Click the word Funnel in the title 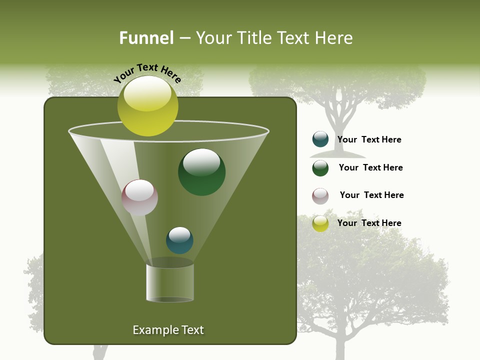click(x=146, y=38)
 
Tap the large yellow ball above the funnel click(x=147, y=106)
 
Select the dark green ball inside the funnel click(x=201, y=172)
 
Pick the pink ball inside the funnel click(x=139, y=197)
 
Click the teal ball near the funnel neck click(x=179, y=240)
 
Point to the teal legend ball click(x=320, y=139)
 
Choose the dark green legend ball click(x=320, y=167)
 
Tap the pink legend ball click(x=320, y=195)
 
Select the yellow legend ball click(x=320, y=223)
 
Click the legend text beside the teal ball click(x=369, y=139)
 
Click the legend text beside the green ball click(x=370, y=167)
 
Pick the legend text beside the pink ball click(x=371, y=195)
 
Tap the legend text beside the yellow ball click(x=369, y=223)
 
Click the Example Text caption click(x=168, y=330)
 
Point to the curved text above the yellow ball click(x=147, y=73)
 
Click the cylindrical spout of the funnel click(x=169, y=282)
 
